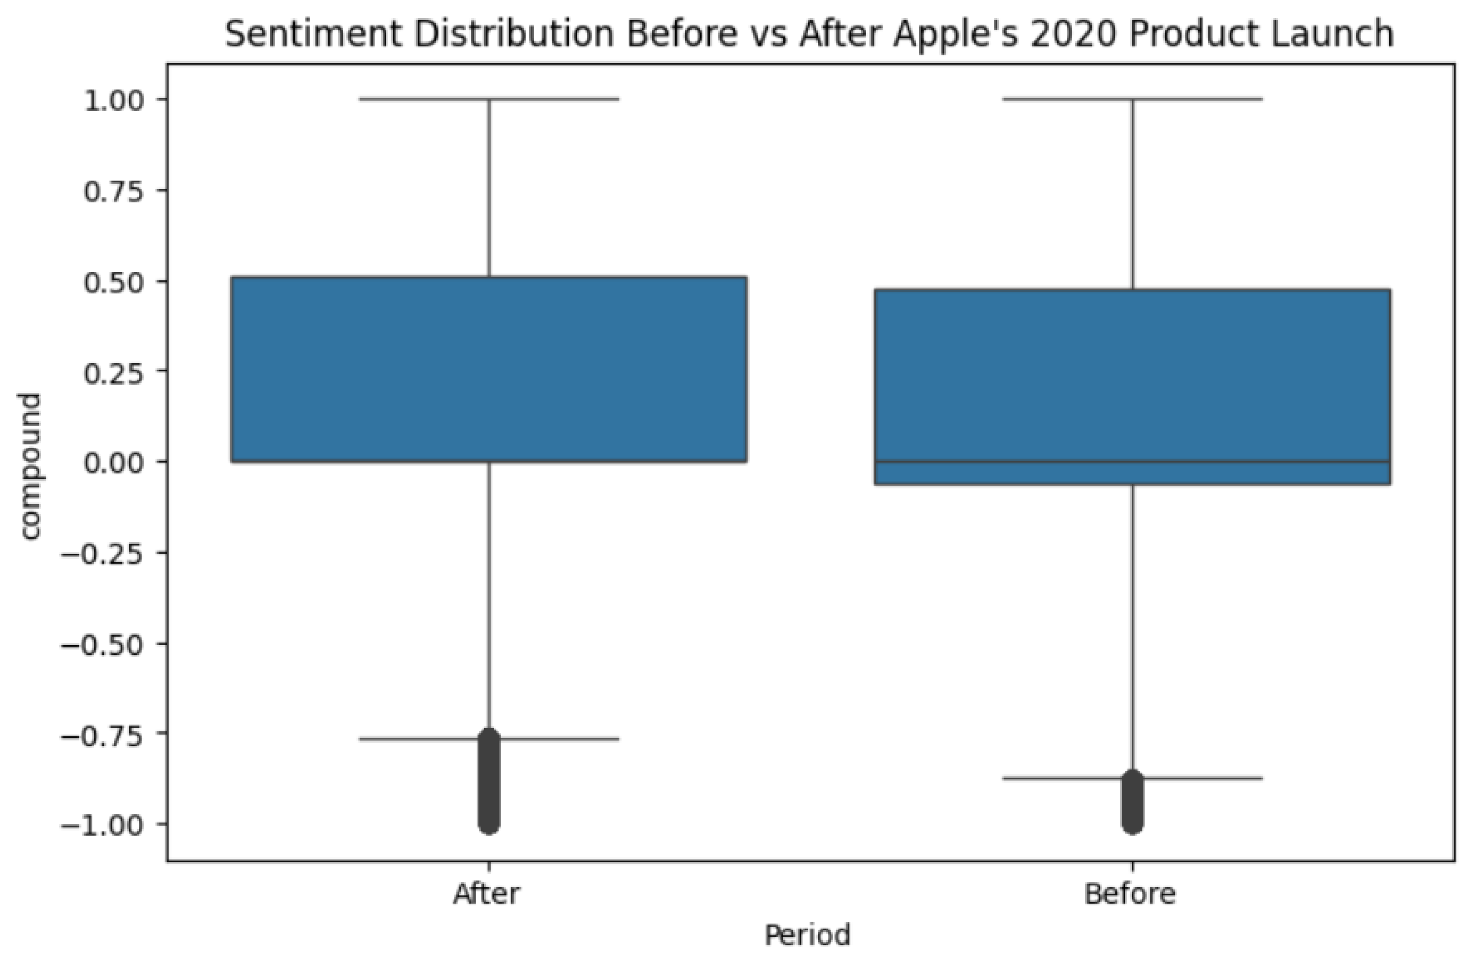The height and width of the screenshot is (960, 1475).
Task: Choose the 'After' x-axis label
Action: pos(486,894)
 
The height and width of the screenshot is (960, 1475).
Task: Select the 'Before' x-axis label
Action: pos(1129,894)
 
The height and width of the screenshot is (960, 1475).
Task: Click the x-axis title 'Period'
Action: pos(807,935)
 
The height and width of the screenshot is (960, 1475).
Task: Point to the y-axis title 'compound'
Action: pos(30,466)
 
